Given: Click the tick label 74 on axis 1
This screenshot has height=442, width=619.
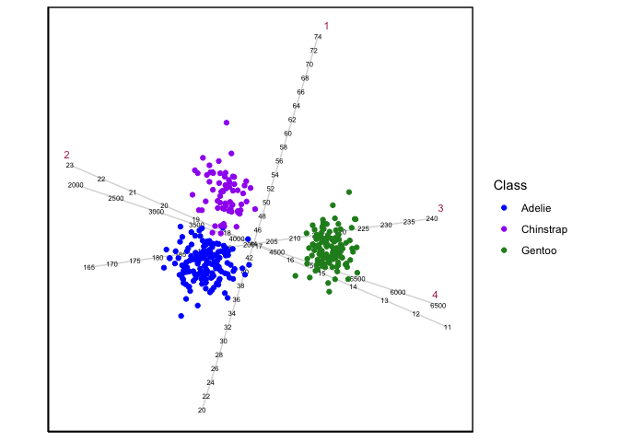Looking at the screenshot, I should [318, 37].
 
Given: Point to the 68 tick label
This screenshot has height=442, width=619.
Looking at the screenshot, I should [305, 78].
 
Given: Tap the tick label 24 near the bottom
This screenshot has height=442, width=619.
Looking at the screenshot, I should [210, 382].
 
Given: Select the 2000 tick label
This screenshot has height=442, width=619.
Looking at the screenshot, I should [76, 185].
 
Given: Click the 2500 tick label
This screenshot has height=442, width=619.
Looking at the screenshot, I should [115, 198].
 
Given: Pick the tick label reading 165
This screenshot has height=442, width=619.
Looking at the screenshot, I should [88, 267].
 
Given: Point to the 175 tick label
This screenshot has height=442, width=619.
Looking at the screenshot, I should [134, 261].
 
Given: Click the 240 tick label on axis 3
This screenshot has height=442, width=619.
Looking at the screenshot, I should [432, 218].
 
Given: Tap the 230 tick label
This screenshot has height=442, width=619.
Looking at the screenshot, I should [386, 225].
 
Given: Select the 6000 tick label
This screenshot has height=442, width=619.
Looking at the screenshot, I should [398, 292].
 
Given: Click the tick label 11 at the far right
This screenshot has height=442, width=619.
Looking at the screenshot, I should [448, 327].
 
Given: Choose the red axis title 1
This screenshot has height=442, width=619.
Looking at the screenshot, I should [326, 25].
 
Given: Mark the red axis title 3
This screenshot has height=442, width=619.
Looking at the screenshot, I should [441, 208].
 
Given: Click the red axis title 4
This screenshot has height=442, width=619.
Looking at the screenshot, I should [435, 295].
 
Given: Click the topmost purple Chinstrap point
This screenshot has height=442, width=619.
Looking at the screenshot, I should [226, 122].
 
